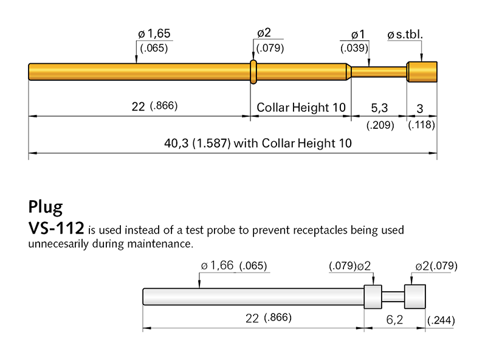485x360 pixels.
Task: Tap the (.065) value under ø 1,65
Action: click(x=153, y=48)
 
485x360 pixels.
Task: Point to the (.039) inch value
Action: click(x=353, y=48)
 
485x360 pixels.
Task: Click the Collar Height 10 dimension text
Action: click(x=301, y=108)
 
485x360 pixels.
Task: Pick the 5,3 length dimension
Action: click(x=379, y=108)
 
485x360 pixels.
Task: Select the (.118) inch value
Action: click(x=421, y=125)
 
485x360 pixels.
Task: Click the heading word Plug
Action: click(x=45, y=207)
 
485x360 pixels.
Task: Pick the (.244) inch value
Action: click(x=442, y=320)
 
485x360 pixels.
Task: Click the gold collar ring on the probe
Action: click(x=254, y=72)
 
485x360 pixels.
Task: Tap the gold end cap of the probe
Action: click(x=422, y=72)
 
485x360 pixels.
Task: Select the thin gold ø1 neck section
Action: click(x=379, y=72)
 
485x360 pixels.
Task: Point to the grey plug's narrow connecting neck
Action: click(x=392, y=296)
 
